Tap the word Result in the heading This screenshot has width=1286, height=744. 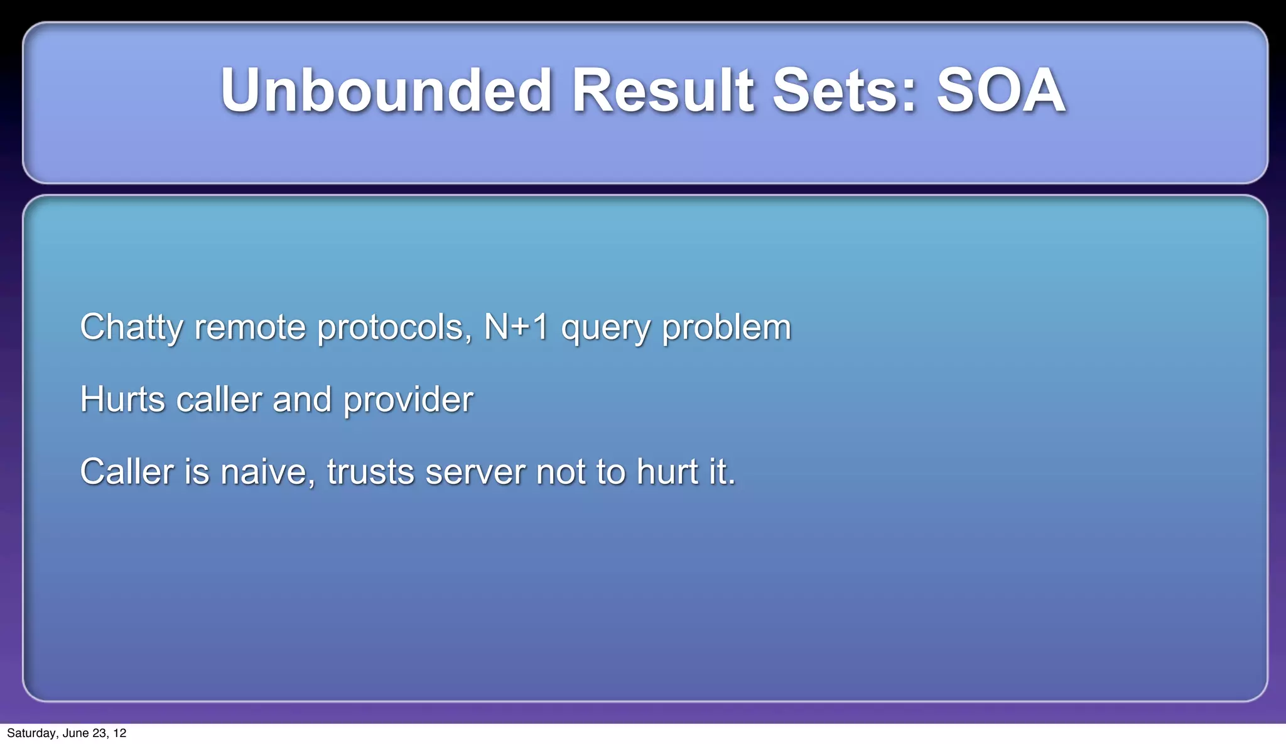[x=662, y=91]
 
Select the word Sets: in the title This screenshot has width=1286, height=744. [x=845, y=91]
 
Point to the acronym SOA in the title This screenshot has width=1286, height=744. [x=1001, y=91]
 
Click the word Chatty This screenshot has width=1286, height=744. [x=131, y=328]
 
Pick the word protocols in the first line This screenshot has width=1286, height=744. [x=394, y=328]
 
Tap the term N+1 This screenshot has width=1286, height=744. [x=516, y=327]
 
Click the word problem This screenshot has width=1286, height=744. [x=727, y=328]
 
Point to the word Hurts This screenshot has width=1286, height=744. [x=122, y=400]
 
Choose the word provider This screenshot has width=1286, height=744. [x=408, y=401]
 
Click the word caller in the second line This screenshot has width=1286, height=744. [x=219, y=400]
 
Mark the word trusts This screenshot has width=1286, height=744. [x=370, y=473]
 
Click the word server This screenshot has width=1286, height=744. [x=475, y=473]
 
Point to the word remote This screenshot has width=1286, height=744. [x=250, y=328]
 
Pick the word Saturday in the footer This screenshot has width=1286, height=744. [x=31, y=733]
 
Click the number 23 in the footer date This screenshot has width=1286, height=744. [x=99, y=733]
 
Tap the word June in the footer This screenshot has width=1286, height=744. [x=75, y=733]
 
